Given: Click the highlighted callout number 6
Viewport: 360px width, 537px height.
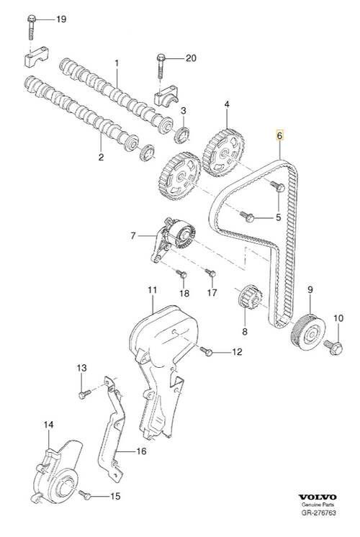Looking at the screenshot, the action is click(280, 136).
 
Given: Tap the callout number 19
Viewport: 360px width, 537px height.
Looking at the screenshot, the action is click(61, 19).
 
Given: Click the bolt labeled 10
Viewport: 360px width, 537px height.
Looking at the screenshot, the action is click(333, 346).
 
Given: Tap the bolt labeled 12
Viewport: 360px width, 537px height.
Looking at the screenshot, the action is click(206, 351).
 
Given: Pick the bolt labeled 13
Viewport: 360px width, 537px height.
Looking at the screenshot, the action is click(84, 394).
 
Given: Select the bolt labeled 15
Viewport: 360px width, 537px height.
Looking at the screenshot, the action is click(85, 495).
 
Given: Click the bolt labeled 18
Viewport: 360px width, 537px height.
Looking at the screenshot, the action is click(181, 274).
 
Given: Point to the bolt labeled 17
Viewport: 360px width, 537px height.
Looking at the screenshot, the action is click(210, 273).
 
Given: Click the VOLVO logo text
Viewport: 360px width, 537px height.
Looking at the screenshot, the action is click(318, 497).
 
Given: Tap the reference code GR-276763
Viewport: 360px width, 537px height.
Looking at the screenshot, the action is click(318, 513).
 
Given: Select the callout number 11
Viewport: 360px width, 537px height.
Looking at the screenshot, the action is click(152, 290).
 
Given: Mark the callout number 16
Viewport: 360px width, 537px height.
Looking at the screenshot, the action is click(141, 451).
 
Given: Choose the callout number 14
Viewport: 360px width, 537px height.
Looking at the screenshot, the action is click(49, 425).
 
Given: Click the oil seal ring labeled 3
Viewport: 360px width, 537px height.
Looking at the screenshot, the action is click(183, 135).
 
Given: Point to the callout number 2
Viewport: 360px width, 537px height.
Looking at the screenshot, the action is click(101, 157).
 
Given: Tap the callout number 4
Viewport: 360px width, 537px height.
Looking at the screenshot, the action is click(227, 104).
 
